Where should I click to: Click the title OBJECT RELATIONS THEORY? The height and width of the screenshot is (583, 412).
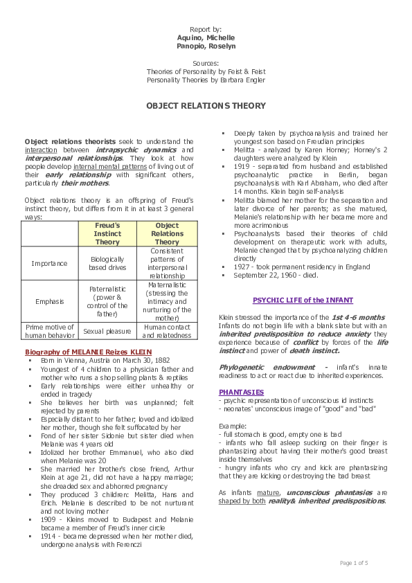click(205, 106)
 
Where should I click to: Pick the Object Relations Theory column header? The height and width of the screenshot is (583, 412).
click(167, 234)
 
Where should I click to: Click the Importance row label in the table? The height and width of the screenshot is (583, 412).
click(48, 263)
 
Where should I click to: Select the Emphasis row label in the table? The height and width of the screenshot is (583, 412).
click(48, 301)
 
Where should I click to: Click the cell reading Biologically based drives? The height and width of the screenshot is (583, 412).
click(107, 263)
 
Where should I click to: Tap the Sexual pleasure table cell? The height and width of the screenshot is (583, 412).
click(107, 332)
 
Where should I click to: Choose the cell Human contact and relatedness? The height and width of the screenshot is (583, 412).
click(167, 332)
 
